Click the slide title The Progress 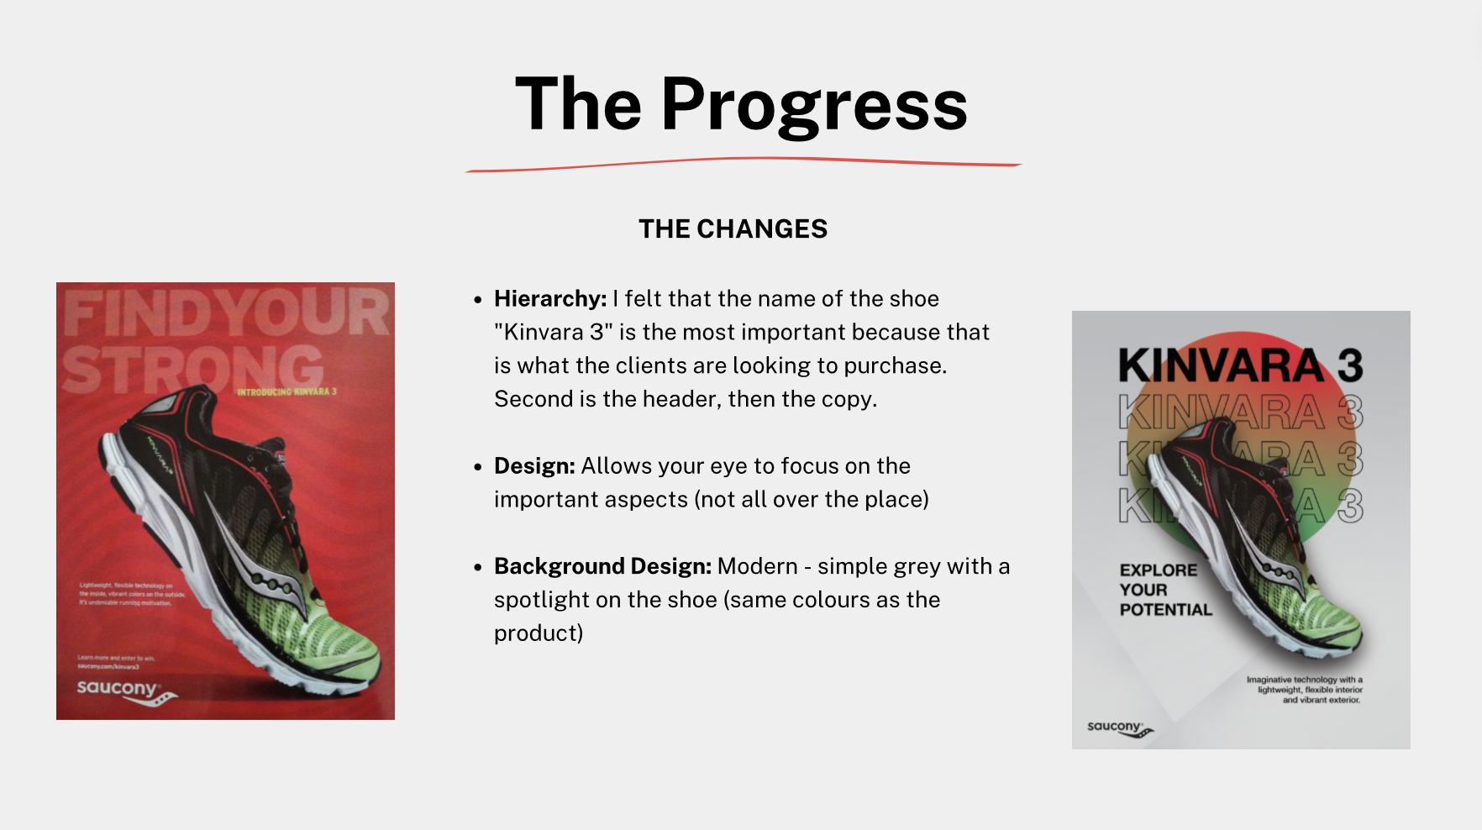[741, 104]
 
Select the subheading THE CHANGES [733, 229]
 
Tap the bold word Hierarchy [549, 299]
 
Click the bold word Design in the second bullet [534, 466]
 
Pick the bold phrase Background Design [602, 567]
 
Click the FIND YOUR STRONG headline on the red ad [225, 339]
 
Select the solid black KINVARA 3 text [1240, 365]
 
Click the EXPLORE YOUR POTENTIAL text [1164, 590]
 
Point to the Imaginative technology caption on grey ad [1305, 690]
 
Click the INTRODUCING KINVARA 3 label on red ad [286, 391]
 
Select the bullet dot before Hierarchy [477, 300]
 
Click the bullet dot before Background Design [477, 568]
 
